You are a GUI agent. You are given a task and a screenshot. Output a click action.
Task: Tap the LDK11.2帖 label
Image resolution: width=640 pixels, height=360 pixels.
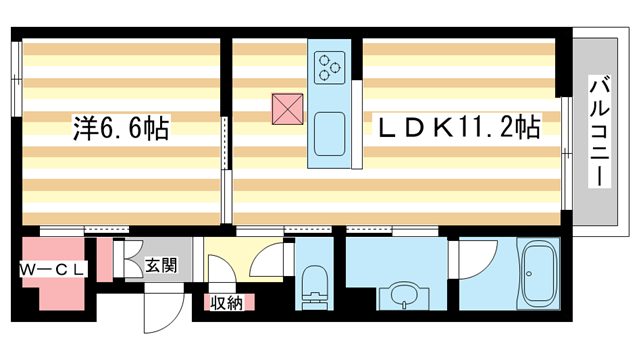click(x=458, y=128)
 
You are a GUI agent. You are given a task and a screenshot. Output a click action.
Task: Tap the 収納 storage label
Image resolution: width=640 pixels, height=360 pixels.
click(x=225, y=303)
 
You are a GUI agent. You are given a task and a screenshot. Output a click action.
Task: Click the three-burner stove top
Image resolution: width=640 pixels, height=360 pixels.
click(x=329, y=68)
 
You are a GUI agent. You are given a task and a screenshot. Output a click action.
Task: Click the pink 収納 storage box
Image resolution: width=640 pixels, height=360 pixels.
click(x=225, y=302)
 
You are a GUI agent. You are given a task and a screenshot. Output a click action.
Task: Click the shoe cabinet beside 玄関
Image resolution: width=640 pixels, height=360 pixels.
click(x=131, y=260)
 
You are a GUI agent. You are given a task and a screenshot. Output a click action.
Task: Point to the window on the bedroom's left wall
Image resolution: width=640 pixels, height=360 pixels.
click(x=17, y=85)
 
